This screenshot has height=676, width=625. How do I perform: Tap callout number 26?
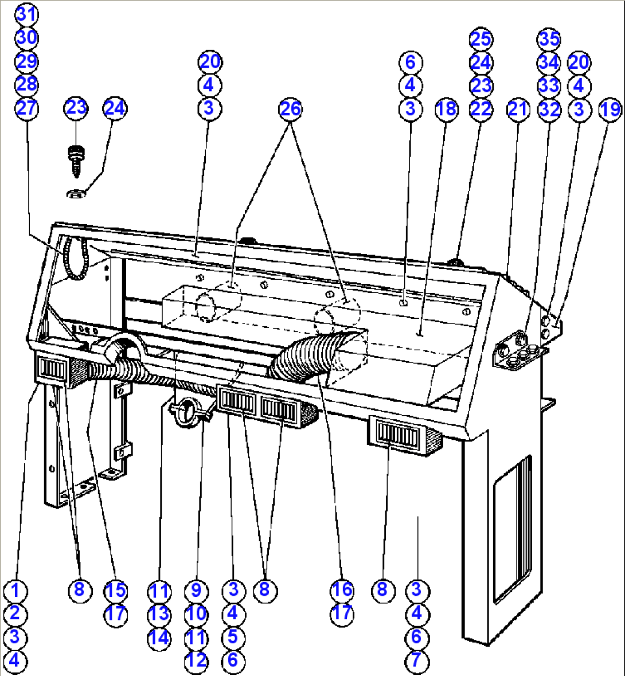291,108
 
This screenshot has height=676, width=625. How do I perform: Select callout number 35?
549,39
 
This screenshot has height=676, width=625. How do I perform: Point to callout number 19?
610,110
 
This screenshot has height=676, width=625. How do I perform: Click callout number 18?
447,109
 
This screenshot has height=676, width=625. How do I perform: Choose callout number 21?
518,109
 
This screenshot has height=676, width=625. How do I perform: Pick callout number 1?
15,590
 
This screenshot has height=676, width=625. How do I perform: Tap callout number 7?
417,661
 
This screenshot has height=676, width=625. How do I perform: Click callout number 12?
197,661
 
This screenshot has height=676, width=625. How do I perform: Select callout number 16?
342,590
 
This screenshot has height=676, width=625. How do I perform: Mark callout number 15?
115,590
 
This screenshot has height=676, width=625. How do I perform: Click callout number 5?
233,637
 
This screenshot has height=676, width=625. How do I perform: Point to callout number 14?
159,637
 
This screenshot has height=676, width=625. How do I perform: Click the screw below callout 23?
76,162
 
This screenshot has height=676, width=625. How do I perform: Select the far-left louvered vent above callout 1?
52,369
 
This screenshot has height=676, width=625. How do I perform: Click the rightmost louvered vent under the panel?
399,436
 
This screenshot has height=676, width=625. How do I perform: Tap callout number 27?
27,108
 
